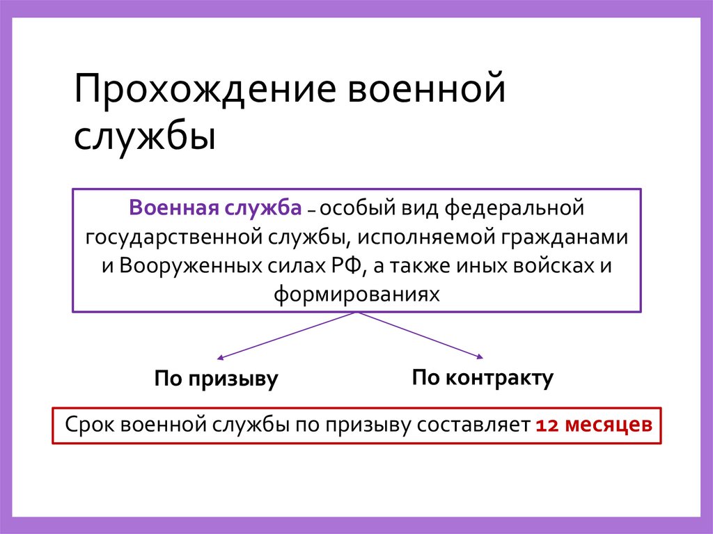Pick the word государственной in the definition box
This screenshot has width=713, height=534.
click(173, 237)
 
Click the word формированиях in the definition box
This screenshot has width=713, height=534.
click(356, 294)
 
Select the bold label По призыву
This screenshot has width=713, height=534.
click(216, 379)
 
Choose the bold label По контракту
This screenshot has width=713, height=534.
click(483, 378)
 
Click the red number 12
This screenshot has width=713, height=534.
click(545, 424)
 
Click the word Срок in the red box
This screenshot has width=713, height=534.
click(89, 424)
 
